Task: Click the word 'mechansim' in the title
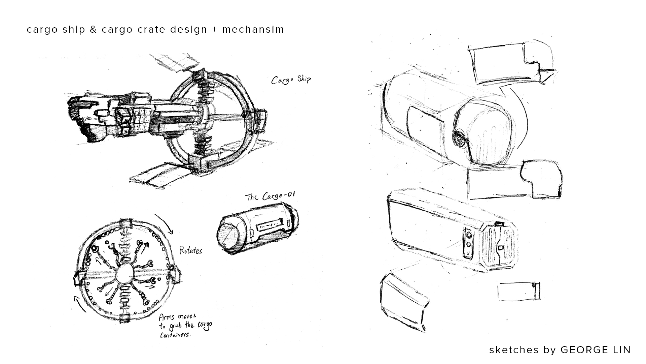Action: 253,30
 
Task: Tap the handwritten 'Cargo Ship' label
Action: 291,80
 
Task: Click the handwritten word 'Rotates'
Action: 191,251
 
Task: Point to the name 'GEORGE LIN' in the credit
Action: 596,350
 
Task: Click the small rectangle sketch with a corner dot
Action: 519,291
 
